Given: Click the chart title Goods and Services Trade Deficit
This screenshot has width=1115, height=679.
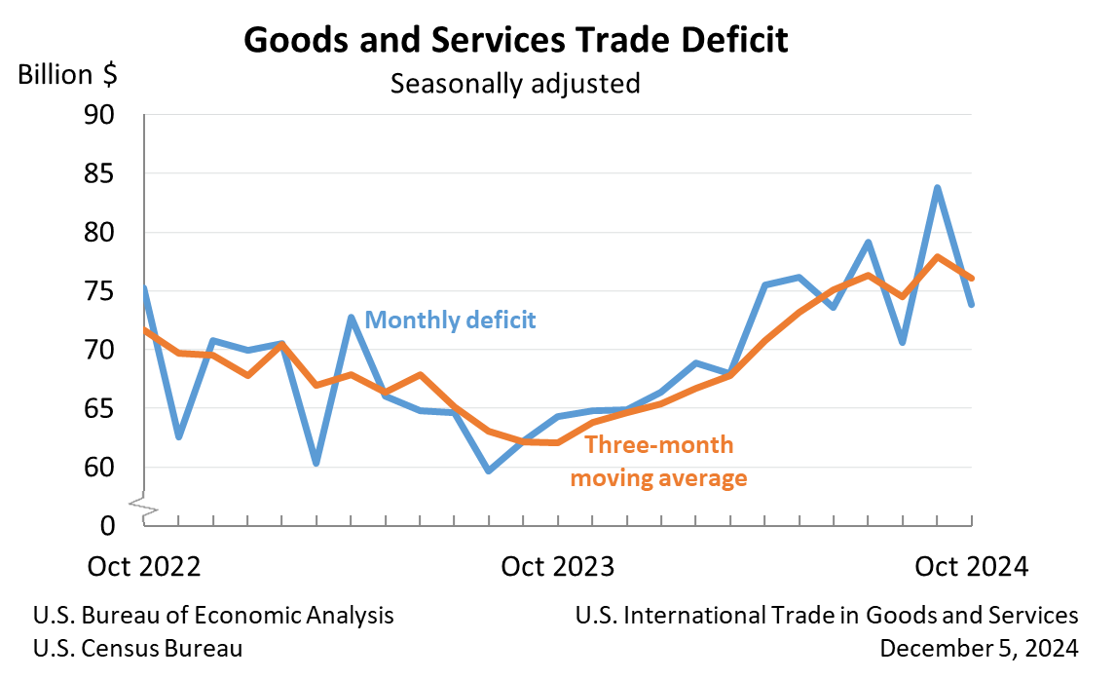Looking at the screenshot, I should (x=515, y=41).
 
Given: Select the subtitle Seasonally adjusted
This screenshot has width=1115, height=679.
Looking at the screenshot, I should (x=515, y=84).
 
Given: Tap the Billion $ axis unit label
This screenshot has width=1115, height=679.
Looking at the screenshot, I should (x=67, y=75).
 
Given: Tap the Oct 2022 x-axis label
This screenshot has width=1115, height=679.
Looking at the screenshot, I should (x=143, y=567).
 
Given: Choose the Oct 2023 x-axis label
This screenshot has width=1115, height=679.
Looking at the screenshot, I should (x=558, y=567).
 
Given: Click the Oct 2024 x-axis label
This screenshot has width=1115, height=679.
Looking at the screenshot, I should (x=971, y=567).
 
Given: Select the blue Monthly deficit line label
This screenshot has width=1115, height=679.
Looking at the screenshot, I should (x=450, y=320).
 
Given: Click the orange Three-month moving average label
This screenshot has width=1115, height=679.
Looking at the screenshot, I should (x=658, y=462).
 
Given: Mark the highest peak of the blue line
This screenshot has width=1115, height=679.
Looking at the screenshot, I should (x=937, y=187).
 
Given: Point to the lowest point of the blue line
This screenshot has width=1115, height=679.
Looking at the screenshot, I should (x=488, y=471).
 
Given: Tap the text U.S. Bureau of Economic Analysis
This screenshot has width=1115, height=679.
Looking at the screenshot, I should (x=213, y=616).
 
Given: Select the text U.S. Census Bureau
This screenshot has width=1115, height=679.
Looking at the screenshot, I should (x=137, y=648).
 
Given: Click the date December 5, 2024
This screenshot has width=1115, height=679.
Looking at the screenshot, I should (x=978, y=648).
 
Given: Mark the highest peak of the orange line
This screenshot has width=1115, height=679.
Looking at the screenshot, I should (x=937, y=257).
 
